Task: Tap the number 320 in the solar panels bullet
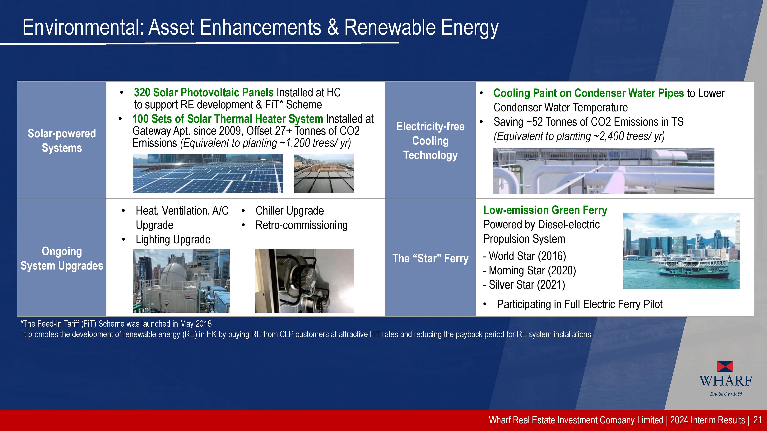(x=142, y=93)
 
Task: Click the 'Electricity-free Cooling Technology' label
(x=430, y=141)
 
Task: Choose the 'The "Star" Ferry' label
(x=430, y=258)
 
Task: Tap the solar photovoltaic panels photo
(x=207, y=173)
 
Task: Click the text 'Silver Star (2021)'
(x=527, y=285)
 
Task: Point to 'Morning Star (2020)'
(x=532, y=270)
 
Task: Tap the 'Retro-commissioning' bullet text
(x=301, y=225)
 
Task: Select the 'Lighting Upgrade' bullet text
(x=173, y=239)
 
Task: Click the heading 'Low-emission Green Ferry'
(x=545, y=210)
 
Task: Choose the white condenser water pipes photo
(x=604, y=171)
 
